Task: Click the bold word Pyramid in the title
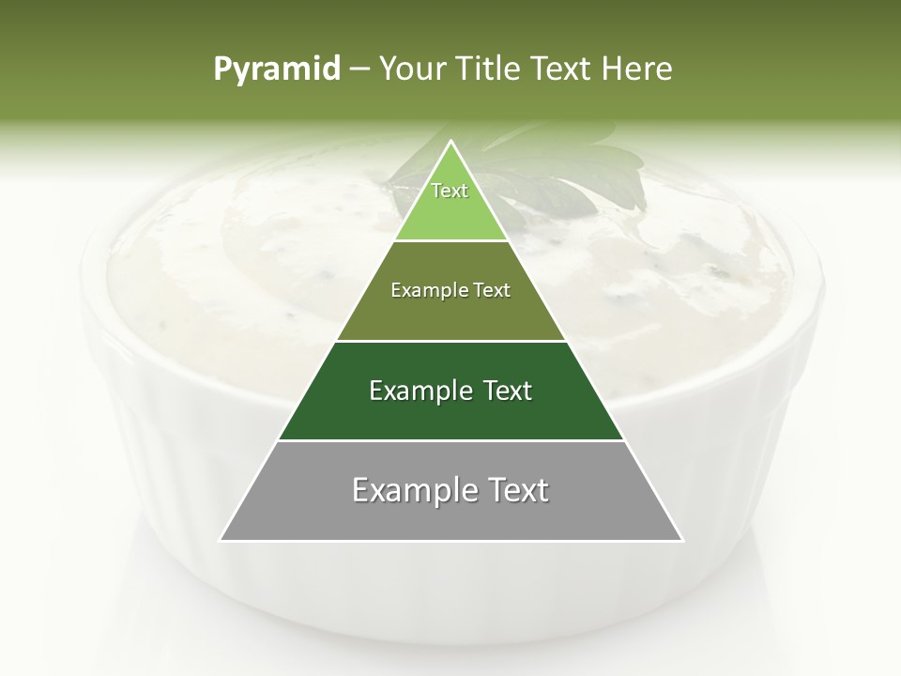[x=277, y=69]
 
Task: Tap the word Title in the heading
[x=491, y=69]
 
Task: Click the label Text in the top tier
[x=450, y=191]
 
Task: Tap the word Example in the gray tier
[x=414, y=490]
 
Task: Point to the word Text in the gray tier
[x=514, y=490]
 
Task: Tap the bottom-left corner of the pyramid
[x=221, y=540]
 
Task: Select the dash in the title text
[x=359, y=69]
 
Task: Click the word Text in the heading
[x=561, y=69]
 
